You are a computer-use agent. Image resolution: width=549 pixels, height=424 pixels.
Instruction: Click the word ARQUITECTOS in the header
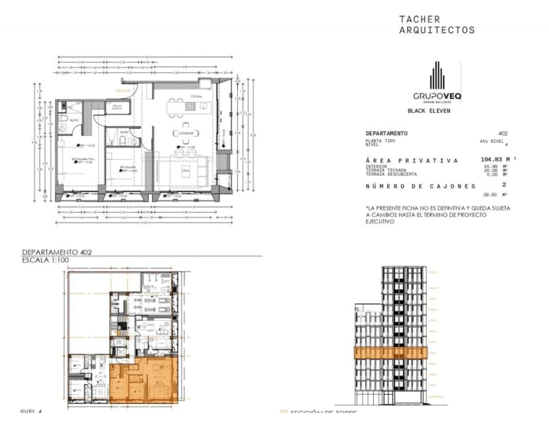[x=436, y=30]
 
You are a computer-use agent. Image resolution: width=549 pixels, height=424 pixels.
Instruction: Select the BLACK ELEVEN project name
[x=428, y=111]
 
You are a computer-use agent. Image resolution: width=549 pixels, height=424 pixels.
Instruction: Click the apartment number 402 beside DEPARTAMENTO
[x=503, y=134]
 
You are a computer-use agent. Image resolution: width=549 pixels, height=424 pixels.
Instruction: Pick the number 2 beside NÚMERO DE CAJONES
[x=504, y=185]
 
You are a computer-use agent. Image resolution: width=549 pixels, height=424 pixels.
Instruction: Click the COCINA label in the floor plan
[x=196, y=97]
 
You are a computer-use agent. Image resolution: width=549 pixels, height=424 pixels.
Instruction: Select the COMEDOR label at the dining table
[x=185, y=133]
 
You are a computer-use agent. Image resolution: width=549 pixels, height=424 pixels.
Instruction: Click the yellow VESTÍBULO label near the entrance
[x=123, y=89]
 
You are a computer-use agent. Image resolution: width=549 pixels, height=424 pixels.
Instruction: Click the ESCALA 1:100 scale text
[x=46, y=260]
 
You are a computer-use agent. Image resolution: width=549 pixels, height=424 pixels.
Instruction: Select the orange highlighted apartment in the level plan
[x=143, y=381]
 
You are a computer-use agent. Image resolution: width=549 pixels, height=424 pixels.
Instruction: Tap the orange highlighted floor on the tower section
[x=398, y=353]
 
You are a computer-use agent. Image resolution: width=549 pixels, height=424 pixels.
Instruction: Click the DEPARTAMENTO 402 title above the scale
[x=57, y=252]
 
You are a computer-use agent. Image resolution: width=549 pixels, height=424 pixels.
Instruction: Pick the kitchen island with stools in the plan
[x=183, y=105]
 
